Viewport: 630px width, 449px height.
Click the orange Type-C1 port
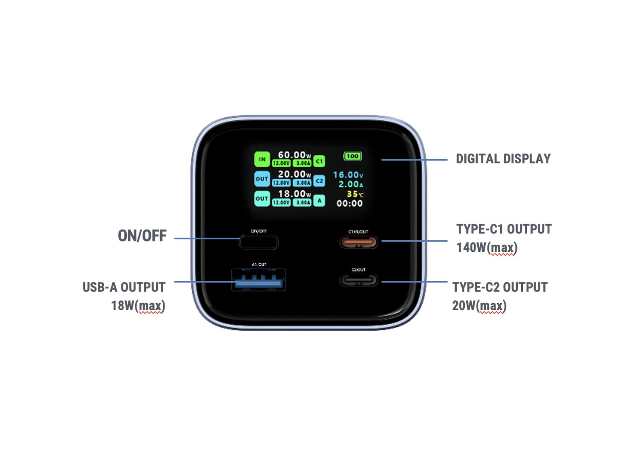(x=359, y=242)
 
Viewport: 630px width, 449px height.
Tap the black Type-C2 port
(x=359, y=280)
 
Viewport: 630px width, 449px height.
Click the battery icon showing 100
(x=353, y=156)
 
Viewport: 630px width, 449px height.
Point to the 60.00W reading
(x=294, y=155)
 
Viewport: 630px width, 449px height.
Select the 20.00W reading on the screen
(x=294, y=174)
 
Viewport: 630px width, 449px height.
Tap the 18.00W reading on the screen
(x=294, y=194)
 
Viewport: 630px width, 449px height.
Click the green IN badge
(x=262, y=159)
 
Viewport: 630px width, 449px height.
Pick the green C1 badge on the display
(x=319, y=161)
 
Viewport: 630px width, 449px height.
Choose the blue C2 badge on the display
(x=319, y=181)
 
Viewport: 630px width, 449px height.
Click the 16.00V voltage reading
(x=348, y=175)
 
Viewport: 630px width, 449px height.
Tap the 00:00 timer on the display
(x=350, y=204)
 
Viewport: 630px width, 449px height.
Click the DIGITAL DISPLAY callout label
(x=503, y=159)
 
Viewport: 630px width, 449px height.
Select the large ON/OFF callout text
(x=142, y=236)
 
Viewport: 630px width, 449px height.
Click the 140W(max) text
(x=487, y=248)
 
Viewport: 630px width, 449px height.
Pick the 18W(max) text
(x=138, y=306)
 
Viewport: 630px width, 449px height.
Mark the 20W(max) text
(x=479, y=306)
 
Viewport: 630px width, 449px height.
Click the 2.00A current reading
(x=350, y=184)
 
